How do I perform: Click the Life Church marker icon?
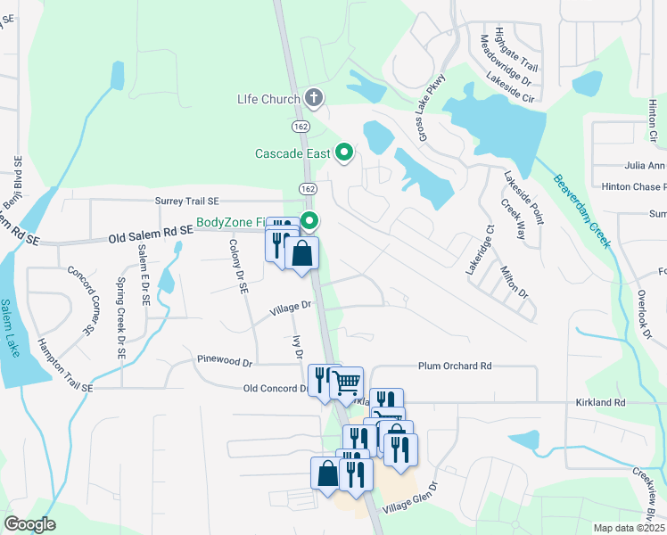pos(313,97)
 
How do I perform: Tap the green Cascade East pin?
pos(344,152)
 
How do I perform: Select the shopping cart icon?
pos(346,383)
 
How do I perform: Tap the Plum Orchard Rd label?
pos(455,366)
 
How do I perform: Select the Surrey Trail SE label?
pos(199,202)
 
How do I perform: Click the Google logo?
pos(29,523)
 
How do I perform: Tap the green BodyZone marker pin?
pos(310,220)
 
